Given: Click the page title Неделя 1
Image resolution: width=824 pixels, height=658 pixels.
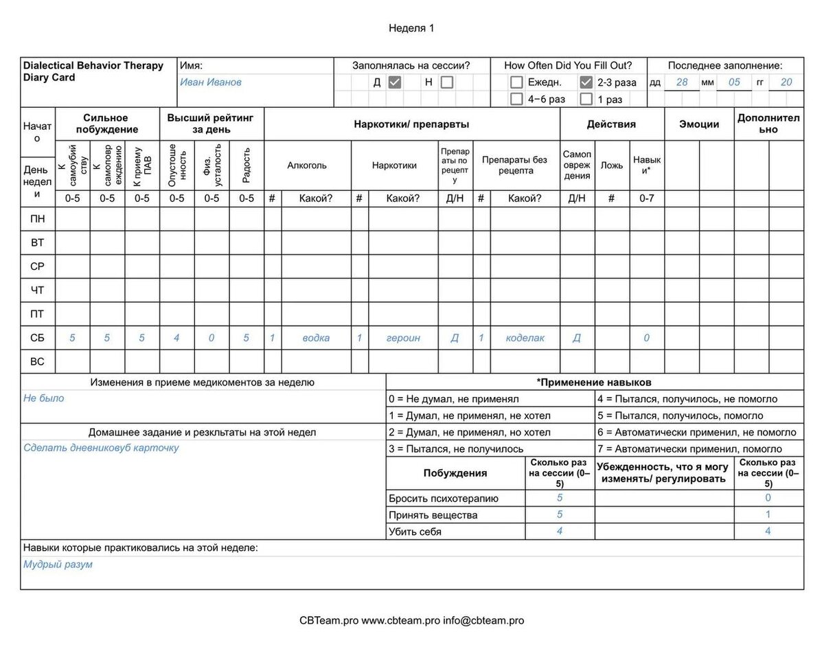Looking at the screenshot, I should (411, 28).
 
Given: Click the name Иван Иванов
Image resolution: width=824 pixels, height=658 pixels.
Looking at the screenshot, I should (211, 82).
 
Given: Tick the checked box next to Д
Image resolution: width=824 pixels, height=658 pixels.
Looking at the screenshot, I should (395, 82).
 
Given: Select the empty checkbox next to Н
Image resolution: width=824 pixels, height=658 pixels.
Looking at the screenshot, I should (447, 82).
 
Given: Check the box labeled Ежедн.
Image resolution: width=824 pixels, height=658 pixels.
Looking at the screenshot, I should (517, 82).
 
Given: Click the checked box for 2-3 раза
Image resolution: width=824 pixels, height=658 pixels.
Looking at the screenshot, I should (586, 82).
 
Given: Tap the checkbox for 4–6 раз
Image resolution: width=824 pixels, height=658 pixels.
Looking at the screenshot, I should (517, 99).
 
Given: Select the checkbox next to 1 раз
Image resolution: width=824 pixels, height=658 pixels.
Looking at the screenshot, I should (586, 99).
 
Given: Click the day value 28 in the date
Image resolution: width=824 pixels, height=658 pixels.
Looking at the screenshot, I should (681, 82).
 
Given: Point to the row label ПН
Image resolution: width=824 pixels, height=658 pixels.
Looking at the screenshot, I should (38, 219).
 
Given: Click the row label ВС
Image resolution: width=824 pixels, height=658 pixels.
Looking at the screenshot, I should (38, 361).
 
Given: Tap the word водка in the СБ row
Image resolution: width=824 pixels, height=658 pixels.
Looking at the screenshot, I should (316, 338).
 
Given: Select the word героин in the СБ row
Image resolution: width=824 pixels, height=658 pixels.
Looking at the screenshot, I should (403, 338).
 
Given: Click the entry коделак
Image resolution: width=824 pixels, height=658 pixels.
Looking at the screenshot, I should (525, 338).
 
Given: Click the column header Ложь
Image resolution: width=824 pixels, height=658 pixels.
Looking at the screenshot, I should (612, 166).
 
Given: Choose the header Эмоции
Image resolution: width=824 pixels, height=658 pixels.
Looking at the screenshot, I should (699, 124).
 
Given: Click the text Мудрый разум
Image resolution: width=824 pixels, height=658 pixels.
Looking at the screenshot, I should (58, 565).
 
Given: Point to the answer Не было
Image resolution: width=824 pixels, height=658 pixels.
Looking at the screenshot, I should (43, 398).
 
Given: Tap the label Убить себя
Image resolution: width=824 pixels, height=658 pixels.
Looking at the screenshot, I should (415, 532).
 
